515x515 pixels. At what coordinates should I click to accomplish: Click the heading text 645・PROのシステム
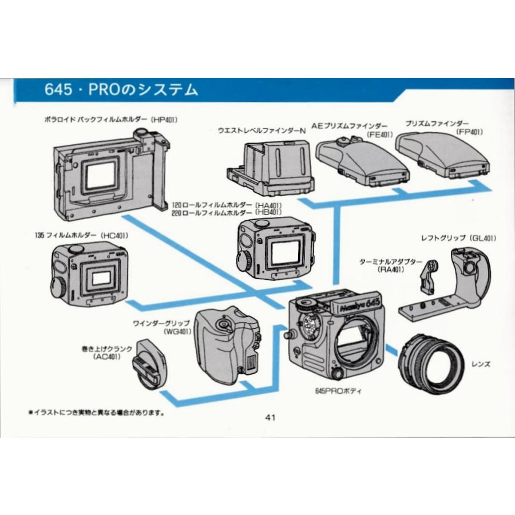coord(121,90)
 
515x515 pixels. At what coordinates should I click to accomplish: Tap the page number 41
coord(271,417)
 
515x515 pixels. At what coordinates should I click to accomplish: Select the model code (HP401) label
coord(164,120)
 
